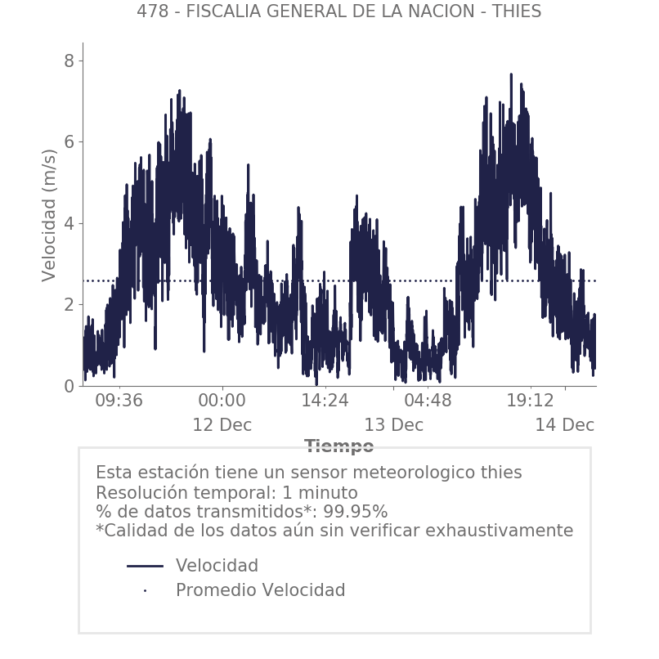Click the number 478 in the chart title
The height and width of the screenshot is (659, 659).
pos(151,11)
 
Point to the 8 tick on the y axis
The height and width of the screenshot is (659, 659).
pos(69,61)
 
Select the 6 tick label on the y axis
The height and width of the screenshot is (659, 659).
pos(69,142)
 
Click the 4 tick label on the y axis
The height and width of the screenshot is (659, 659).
pos(69,223)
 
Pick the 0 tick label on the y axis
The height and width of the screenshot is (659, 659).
pos(69,386)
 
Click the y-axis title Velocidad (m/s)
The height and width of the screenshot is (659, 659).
pos(50,215)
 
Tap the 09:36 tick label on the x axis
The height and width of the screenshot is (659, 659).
pos(119,401)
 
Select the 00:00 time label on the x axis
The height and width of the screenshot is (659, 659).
pos(222,401)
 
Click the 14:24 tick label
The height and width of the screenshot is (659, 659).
pos(325,401)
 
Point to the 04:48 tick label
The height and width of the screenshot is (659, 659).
pos(428,401)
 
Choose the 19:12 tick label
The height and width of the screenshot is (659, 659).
pos(530,401)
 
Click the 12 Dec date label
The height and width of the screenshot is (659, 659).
pos(222,425)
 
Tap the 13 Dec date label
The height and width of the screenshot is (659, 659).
pos(393,425)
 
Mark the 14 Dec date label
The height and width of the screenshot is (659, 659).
pos(564,425)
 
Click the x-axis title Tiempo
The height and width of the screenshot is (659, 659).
pos(338,446)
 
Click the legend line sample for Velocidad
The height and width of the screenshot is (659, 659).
pos(146,566)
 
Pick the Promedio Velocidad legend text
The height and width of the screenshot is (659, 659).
pos(260,590)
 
